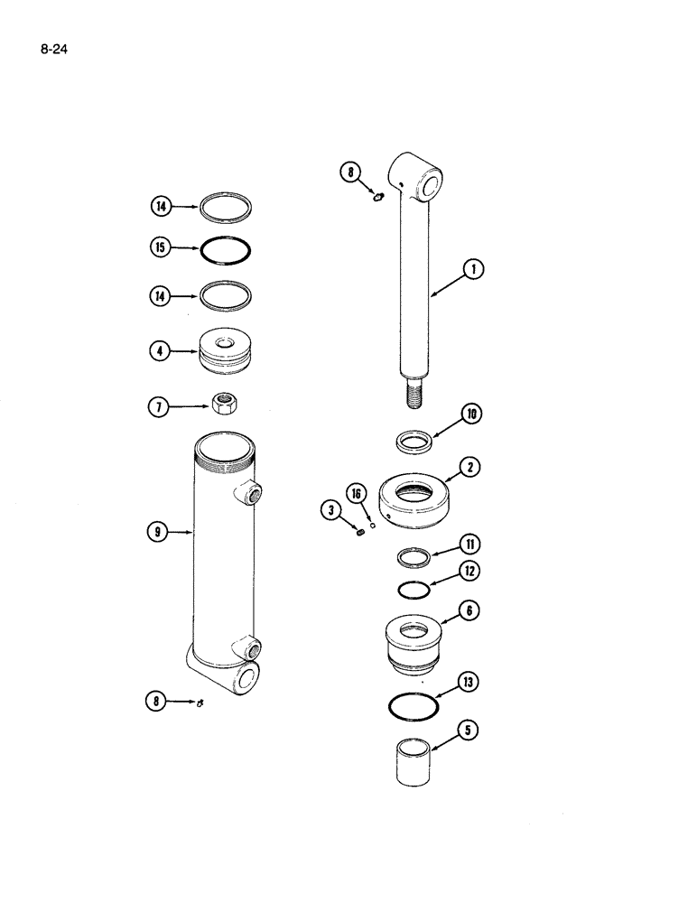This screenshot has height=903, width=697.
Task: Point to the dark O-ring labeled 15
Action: pos(226,250)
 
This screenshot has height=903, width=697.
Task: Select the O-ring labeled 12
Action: pos(416,588)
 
